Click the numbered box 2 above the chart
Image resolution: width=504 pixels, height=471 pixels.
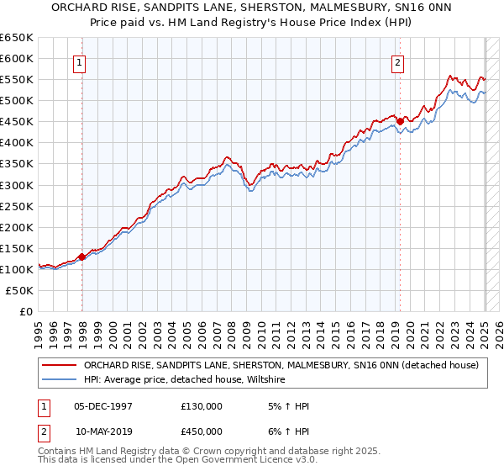point(396,61)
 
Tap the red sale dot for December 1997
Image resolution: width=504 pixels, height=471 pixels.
point(82,257)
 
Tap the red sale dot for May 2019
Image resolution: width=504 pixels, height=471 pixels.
point(401,121)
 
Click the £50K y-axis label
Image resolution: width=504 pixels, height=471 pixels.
point(20,290)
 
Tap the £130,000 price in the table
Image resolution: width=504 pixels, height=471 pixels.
point(202,406)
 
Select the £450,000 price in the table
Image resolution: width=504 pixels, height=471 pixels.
point(202,431)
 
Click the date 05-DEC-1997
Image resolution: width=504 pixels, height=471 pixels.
point(103,406)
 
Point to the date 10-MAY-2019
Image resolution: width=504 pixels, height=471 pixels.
point(103,431)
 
